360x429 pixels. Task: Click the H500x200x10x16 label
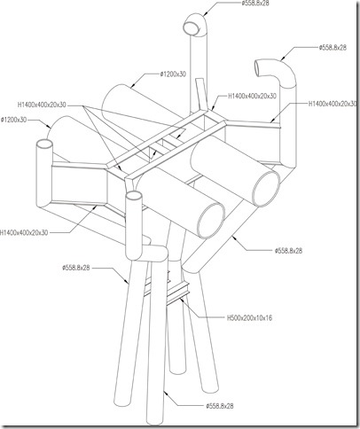(x=249, y=318)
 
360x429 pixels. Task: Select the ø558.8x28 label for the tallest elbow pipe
(x=255, y=4)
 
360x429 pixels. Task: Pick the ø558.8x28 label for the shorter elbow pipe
(x=333, y=47)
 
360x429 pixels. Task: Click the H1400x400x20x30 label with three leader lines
(x=42, y=105)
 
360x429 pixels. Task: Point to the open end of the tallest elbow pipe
(x=192, y=27)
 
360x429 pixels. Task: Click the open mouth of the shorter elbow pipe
(x=259, y=68)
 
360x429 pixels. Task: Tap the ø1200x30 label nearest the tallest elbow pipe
(x=173, y=74)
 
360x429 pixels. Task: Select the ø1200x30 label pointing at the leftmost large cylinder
(x=13, y=120)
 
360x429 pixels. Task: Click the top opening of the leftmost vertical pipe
(x=44, y=144)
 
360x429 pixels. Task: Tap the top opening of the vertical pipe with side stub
(x=134, y=196)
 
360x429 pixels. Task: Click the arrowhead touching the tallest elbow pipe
(x=205, y=13)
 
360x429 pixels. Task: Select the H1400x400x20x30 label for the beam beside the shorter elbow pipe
(x=333, y=104)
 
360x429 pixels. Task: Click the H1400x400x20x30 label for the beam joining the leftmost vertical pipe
(x=24, y=232)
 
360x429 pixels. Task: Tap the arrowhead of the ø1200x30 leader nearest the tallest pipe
(x=132, y=86)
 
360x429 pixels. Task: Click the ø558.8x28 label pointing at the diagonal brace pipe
(x=288, y=251)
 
